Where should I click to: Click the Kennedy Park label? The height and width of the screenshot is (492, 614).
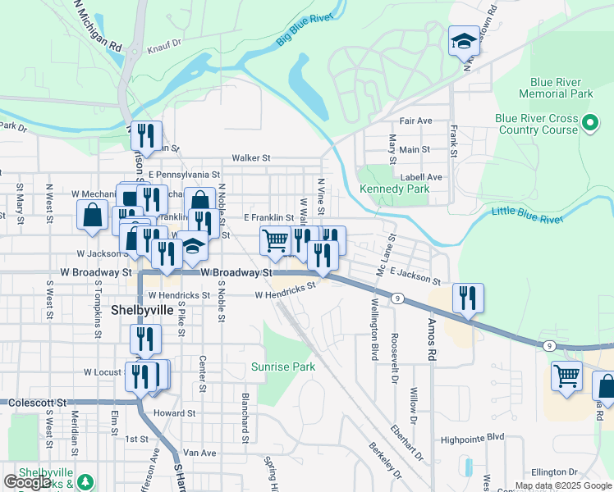pyautogui.click(x=394, y=189)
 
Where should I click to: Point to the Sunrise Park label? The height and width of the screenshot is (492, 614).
pyautogui.click(x=283, y=367)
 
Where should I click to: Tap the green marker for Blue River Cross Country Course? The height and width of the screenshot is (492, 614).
pyautogui.click(x=589, y=124)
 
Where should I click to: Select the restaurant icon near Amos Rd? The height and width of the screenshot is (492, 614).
pyautogui.click(x=468, y=298)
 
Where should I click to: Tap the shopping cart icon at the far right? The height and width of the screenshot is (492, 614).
pyautogui.click(x=566, y=376)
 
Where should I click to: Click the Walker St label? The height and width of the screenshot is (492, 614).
pyautogui.click(x=250, y=157)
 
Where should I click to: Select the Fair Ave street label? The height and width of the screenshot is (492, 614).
pyautogui.click(x=415, y=121)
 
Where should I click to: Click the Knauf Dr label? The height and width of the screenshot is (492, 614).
pyautogui.click(x=163, y=48)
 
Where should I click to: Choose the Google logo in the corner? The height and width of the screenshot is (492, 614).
pyautogui.click(x=26, y=482)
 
